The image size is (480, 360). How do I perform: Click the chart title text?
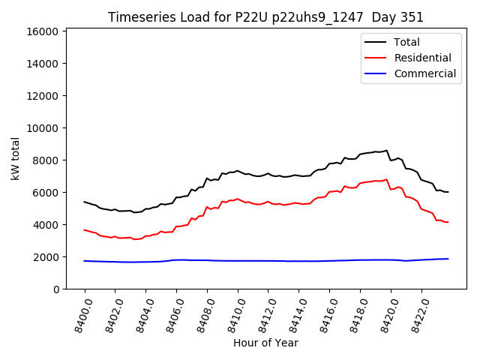coord(265,17)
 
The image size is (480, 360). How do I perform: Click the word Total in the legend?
coord(406,42)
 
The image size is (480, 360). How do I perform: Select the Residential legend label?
coord(422,58)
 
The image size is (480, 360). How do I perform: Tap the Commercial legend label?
coord(424,73)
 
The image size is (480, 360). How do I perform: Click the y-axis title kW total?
coord(16,158)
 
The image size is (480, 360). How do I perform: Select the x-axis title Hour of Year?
coord(265,343)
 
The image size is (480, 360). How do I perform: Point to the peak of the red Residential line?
coord(387,180)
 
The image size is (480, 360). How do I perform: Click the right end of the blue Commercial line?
coord(448,259)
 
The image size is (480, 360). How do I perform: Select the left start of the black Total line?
coord(84,202)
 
